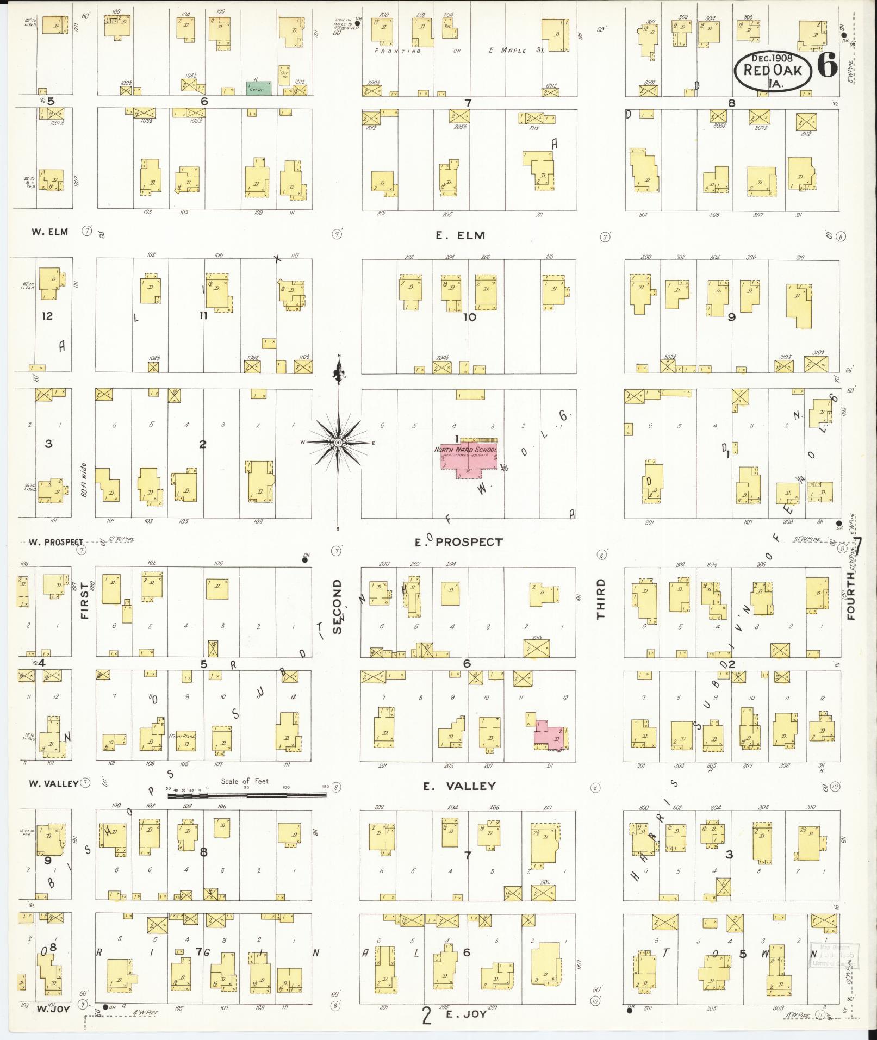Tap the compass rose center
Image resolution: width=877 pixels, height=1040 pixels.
(338, 443)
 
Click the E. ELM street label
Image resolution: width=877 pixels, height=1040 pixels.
(460, 235)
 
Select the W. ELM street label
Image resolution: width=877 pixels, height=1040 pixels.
(49, 232)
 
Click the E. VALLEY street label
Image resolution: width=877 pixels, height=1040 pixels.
(459, 786)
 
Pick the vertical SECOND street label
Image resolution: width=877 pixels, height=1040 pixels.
(337, 606)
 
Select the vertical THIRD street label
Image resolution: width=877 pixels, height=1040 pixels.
(601, 599)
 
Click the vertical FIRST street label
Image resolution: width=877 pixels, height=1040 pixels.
(84, 600)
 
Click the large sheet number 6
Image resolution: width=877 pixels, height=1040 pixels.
(826, 68)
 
